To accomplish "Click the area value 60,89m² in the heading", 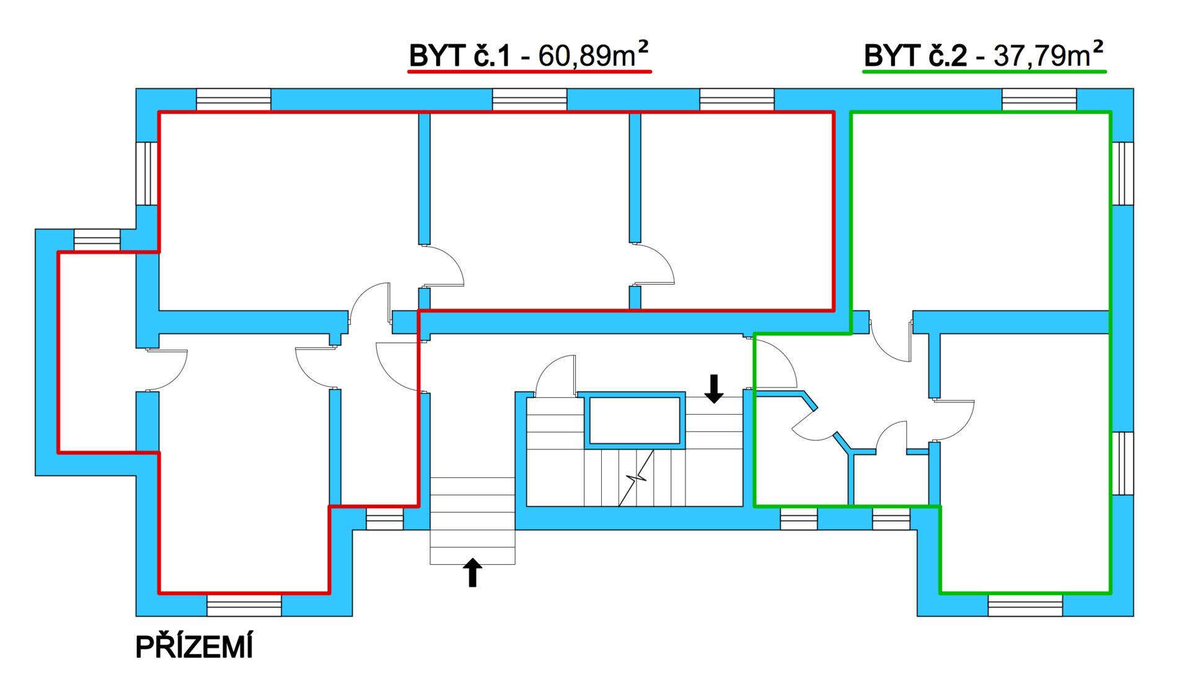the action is coord(593,55).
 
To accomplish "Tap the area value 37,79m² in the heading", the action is coord(1049,55).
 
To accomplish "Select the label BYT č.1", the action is coord(459,56).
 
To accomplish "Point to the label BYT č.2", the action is coord(915,56).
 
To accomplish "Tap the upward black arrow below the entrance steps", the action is coord(473,572).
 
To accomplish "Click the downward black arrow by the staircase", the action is coord(714,389).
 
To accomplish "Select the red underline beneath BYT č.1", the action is coord(529,73).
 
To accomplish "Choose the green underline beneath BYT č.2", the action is coord(985,73).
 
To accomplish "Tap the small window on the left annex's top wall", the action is coord(97,240).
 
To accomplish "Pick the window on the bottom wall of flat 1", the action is coord(244,605).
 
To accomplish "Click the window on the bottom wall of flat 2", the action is coord(1025,605).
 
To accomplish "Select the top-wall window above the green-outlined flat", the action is coord(1039,100).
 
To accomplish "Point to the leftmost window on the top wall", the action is coord(234,100).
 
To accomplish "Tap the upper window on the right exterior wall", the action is coord(1122,174).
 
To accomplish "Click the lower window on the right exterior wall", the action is coord(1122,463).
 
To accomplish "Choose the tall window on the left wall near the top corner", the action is coord(148,174).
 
